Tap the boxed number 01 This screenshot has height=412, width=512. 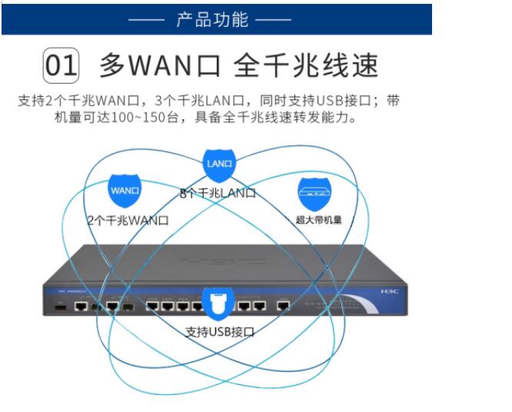[x=62, y=66]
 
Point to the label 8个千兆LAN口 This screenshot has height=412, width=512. [x=218, y=194]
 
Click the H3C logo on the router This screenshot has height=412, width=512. [x=391, y=292]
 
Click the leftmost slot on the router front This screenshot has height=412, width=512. [x=58, y=306]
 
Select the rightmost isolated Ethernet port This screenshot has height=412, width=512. [x=283, y=306]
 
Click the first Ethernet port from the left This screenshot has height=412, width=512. [x=81, y=306]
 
